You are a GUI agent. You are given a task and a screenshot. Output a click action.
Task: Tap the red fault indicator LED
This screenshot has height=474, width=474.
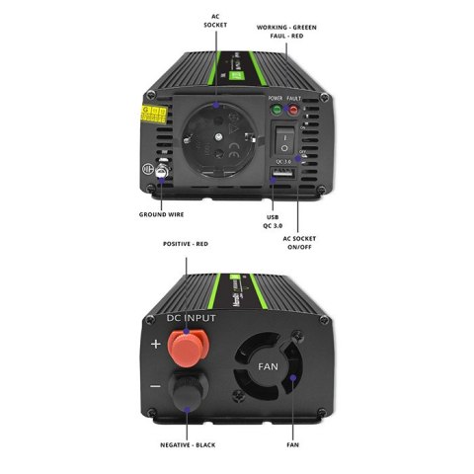tap(293, 109)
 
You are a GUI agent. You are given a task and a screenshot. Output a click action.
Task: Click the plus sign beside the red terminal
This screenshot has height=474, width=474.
tap(156, 345)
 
